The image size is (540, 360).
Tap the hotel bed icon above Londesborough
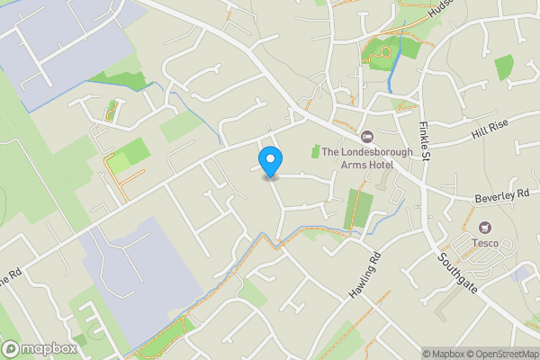click(366, 137)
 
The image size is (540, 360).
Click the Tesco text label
click(486, 242)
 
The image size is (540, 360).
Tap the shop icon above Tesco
click(486, 227)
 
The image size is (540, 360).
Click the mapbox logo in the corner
click(40, 348)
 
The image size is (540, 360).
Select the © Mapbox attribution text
click(443, 354)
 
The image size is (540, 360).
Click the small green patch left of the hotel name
click(316, 152)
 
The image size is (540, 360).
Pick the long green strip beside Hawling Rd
click(357, 210)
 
